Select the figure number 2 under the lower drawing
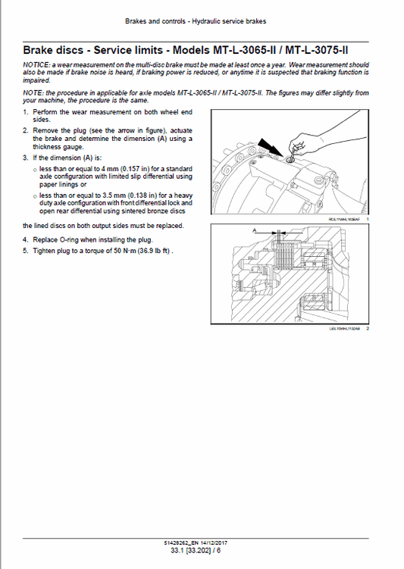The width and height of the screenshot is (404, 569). point(367,328)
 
